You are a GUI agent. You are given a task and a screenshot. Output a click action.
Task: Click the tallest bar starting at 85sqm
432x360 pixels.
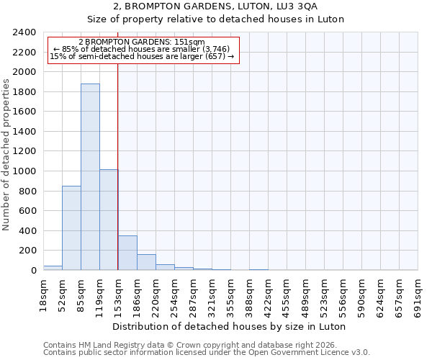click(x=90, y=177)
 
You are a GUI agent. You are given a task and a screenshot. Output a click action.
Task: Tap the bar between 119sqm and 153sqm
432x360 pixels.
click(x=109, y=220)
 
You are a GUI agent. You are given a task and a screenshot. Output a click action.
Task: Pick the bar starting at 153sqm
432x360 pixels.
click(x=127, y=253)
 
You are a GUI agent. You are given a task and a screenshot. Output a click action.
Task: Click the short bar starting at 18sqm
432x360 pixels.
click(x=53, y=268)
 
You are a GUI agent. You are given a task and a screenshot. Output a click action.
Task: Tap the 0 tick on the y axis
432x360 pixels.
click(x=32, y=271)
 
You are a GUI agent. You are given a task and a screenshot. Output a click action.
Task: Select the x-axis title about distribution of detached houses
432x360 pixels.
click(x=230, y=326)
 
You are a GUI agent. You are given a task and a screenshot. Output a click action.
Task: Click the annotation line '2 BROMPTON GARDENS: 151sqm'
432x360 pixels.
click(x=142, y=42)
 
